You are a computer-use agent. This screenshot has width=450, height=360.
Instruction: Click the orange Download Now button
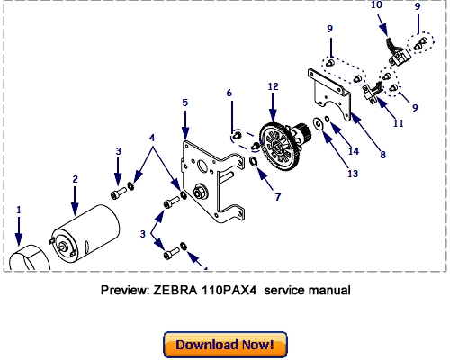tap(224, 344)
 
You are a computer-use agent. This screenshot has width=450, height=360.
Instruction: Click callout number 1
tap(17, 210)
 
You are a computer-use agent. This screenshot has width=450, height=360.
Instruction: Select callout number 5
tap(184, 103)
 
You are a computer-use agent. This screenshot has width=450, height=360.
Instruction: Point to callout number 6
tap(229, 93)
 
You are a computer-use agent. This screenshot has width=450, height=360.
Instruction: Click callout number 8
tap(382, 154)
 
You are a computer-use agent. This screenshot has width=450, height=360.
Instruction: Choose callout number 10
tap(375, 5)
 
